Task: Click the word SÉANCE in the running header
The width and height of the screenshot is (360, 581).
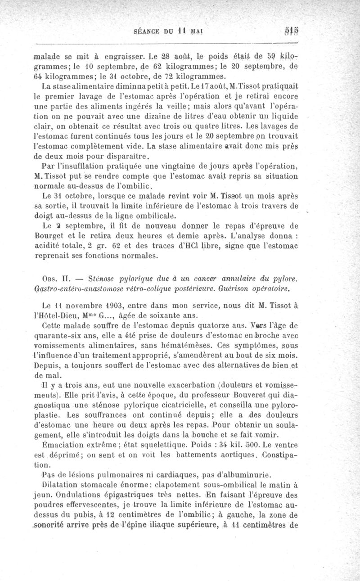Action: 146,32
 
